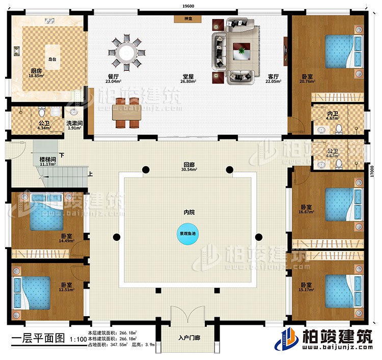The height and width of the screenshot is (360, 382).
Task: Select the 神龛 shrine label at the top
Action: point(188,19)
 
